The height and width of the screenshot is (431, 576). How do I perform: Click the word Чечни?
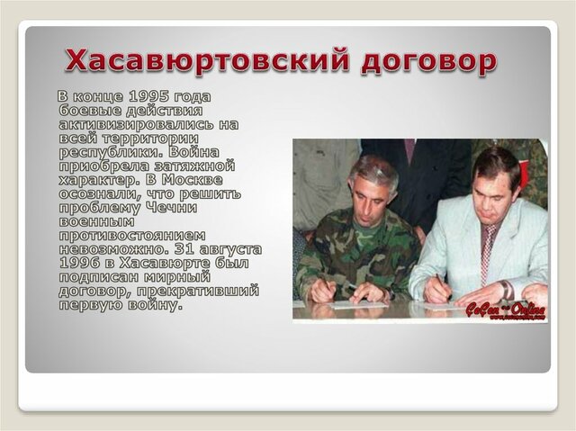[209, 208]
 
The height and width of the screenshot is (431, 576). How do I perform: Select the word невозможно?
[117, 249]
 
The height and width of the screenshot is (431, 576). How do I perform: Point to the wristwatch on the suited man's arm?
[508, 290]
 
